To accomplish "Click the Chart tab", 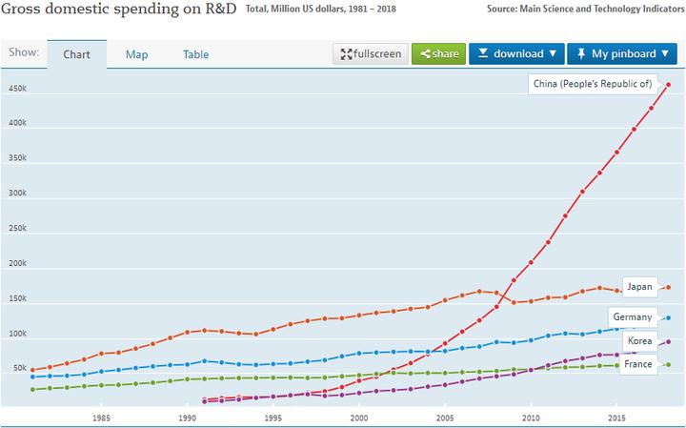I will pyautogui.click(x=76, y=54).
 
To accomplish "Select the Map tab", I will pyautogui.click(x=136, y=54).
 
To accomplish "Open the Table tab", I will pyautogui.click(x=196, y=54).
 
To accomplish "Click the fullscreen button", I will pyautogui.click(x=370, y=53).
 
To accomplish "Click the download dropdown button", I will pyautogui.click(x=516, y=53).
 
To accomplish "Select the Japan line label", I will pyautogui.click(x=638, y=287).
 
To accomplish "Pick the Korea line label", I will pyautogui.click(x=639, y=340).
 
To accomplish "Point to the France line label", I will pyautogui.click(x=637, y=365).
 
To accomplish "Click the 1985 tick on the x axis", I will pyautogui.click(x=101, y=418).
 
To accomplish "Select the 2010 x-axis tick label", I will pyautogui.click(x=531, y=418).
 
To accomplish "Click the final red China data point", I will pyautogui.click(x=668, y=84).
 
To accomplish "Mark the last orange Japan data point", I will pyautogui.click(x=668, y=287).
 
